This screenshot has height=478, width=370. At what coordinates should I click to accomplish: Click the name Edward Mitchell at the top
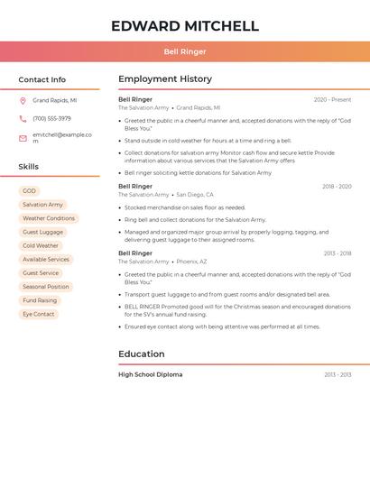pos(185,26)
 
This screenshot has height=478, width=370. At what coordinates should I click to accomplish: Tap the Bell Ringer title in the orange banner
pos(185,51)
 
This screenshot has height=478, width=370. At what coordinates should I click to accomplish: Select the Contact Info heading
pos(42,79)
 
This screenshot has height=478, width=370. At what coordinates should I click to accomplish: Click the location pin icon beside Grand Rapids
pos(23,101)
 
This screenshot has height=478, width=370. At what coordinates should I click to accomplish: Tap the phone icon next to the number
pos(23,119)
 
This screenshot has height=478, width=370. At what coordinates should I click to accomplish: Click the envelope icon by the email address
pos(23,137)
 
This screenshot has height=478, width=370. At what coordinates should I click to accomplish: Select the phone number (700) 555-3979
pos(51,119)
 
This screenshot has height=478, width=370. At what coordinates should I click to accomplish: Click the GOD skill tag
pos(30,191)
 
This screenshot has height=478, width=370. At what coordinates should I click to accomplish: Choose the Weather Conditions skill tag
pos(49,218)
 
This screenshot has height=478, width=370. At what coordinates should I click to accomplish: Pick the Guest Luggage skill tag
pos(43,232)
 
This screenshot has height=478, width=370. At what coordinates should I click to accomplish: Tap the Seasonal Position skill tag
pos(46,287)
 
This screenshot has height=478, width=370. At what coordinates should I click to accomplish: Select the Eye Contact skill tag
pos(39,314)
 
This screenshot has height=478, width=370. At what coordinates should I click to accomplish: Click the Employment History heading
pos(165,79)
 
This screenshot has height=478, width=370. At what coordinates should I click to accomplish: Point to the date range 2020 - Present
pos(332,99)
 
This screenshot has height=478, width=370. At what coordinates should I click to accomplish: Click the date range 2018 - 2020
pos(337,187)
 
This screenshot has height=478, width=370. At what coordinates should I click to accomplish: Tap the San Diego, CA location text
pos(195,195)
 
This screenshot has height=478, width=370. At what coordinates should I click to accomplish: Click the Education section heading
pos(142,354)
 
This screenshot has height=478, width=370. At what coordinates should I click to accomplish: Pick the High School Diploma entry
pos(150,374)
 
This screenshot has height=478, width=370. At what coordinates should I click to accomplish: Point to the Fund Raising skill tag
pos(40,300)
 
